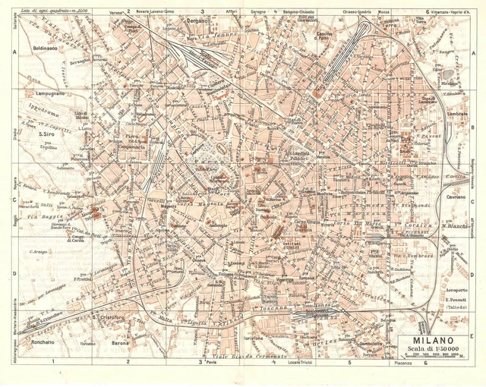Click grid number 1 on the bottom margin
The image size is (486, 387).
coord(53,363)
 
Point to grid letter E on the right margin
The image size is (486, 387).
coord(472,334)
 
